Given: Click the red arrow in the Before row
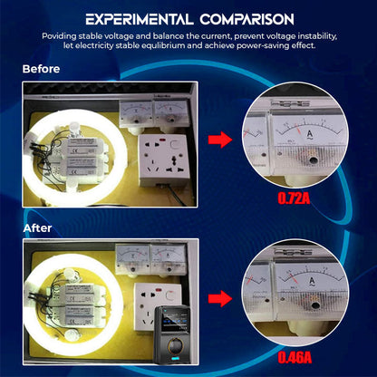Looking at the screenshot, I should (x=219, y=140).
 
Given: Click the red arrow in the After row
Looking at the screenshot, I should (x=219, y=298).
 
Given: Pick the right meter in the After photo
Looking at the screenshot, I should (x=166, y=260).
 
